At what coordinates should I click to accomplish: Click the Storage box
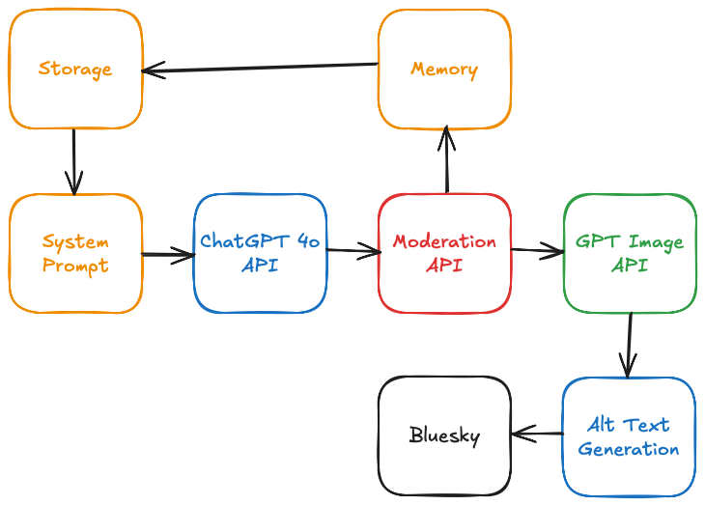pyautogui.click(x=75, y=70)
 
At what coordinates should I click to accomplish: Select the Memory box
pyautogui.click(x=444, y=70)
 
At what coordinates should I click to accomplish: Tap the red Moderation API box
pyautogui.click(x=444, y=253)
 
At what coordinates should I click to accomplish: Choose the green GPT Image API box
pyautogui.click(x=630, y=253)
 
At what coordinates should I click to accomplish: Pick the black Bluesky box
pyautogui.click(x=444, y=435)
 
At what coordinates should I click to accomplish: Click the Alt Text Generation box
pyautogui.click(x=629, y=435)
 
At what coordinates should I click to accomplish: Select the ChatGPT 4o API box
pyautogui.click(x=260, y=253)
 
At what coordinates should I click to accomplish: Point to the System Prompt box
pyautogui.click(x=75, y=253)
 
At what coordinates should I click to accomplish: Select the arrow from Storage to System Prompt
pyautogui.click(x=74, y=161)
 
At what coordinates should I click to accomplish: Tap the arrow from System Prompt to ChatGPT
pyautogui.click(x=168, y=255)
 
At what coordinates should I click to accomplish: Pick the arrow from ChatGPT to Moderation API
pyautogui.click(x=352, y=252)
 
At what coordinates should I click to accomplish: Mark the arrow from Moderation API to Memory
pyautogui.click(x=445, y=161)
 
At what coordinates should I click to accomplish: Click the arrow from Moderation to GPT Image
pyautogui.click(x=537, y=252)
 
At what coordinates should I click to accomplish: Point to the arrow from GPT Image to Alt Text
pyautogui.click(x=629, y=345)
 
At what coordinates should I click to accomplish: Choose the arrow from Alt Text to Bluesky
pyautogui.click(x=537, y=435)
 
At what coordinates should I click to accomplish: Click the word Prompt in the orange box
pyautogui.click(x=75, y=265)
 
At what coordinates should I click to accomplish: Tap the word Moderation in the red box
pyautogui.click(x=444, y=241)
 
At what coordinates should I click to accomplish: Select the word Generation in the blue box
pyautogui.click(x=629, y=449)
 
